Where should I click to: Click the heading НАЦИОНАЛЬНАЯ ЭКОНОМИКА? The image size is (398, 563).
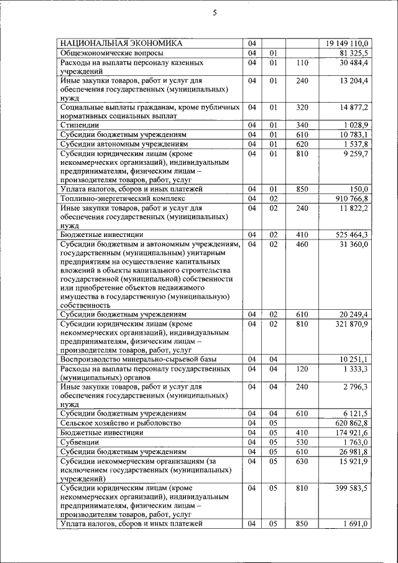click(121, 43)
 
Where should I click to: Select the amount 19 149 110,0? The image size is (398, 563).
click(347, 43)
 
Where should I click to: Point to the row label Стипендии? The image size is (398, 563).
click(79, 125)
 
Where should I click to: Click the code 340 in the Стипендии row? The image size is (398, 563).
click(302, 125)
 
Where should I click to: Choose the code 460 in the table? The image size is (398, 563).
click(302, 244)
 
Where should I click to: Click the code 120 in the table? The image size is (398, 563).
click(302, 369)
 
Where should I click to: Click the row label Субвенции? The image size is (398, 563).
click(79, 442)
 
